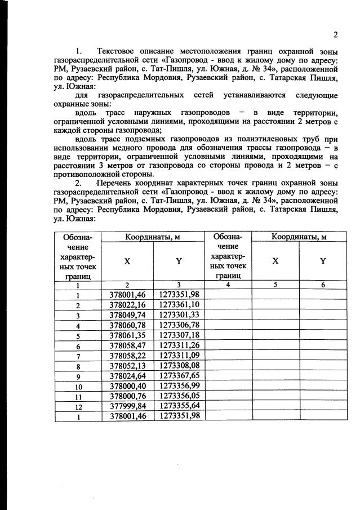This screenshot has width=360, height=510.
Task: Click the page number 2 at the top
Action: (x=335, y=35)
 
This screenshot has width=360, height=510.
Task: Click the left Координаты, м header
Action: (x=153, y=237)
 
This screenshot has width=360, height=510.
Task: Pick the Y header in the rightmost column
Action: (x=323, y=261)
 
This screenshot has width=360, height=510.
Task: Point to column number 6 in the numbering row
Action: (x=323, y=285)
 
